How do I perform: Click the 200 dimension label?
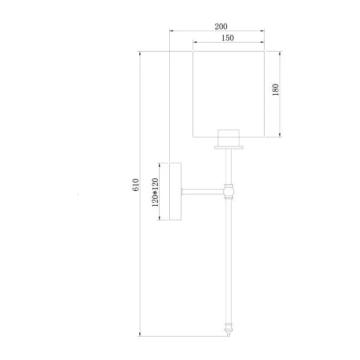tap(221, 26)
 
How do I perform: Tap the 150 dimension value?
tap(227, 38)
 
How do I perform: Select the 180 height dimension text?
tap(275, 90)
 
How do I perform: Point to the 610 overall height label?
tap(136, 185)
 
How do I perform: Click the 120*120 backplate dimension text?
tap(155, 192)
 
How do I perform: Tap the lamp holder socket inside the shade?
tap(229, 137)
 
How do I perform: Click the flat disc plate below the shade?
tap(229, 148)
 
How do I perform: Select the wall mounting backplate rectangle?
tap(175, 191)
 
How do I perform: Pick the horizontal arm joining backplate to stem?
tap(203, 192)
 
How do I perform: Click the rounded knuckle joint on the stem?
tap(229, 191)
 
